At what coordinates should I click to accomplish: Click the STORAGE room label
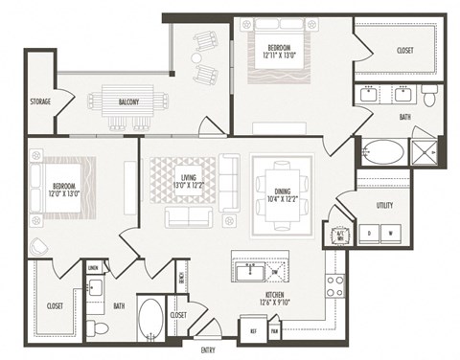pyautogui.click(x=39, y=101)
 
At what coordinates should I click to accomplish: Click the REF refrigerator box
pyautogui.click(x=254, y=330)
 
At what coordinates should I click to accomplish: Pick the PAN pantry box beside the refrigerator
pyautogui.click(x=274, y=330)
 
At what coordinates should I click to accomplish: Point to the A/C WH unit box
pyautogui.click(x=340, y=233)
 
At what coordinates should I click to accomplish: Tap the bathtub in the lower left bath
pyautogui.click(x=151, y=317)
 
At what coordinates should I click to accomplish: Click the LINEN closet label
pyautogui.click(x=93, y=269)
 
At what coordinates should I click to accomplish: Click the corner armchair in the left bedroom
pyautogui.click(x=37, y=245)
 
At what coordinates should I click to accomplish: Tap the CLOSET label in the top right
pyautogui.click(x=404, y=50)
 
